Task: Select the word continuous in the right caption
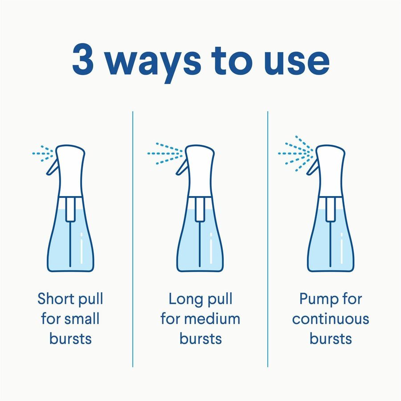point(331,319)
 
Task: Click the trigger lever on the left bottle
point(53,167)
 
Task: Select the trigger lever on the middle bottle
point(181,167)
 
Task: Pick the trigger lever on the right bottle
point(313,167)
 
